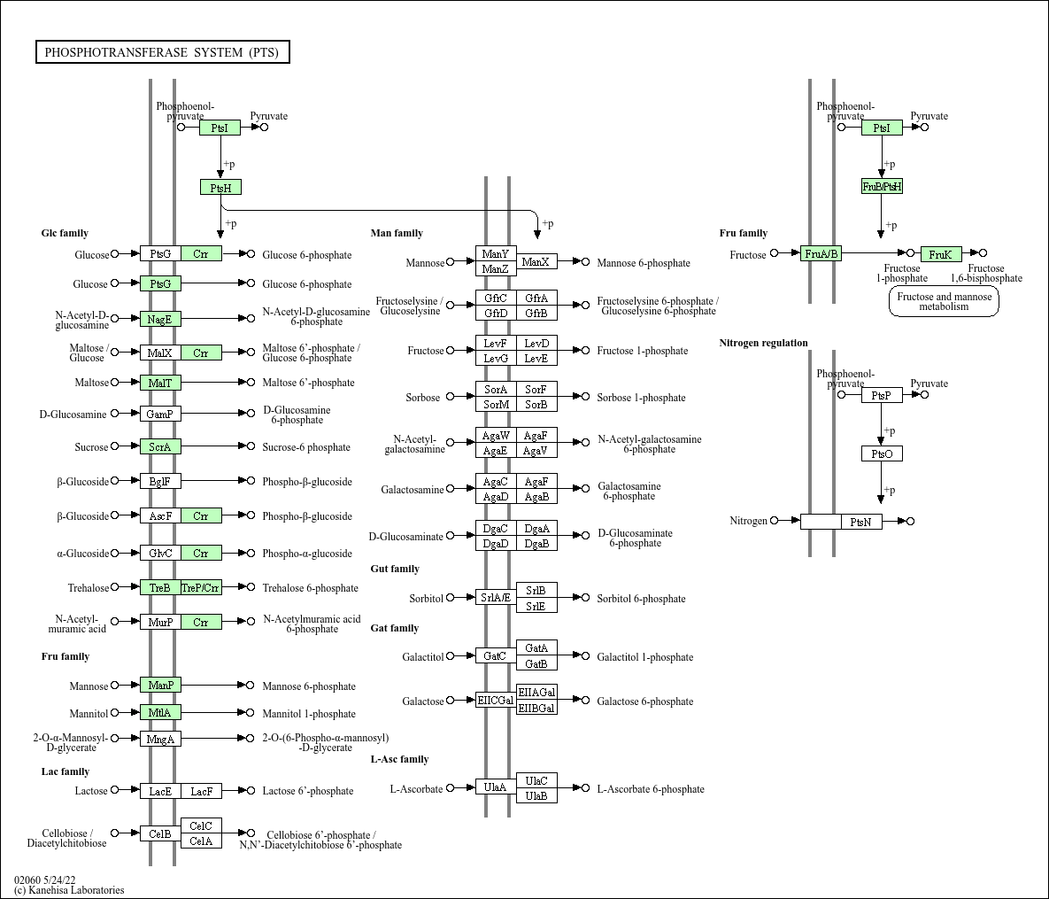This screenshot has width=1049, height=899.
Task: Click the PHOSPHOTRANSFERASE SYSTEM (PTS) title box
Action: point(162,52)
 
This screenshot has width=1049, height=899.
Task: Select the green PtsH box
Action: point(220,187)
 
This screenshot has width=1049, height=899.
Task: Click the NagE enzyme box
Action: point(160,319)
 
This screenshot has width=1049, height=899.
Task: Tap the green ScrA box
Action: point(160,447)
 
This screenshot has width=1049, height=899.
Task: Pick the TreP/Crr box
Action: point(201,588)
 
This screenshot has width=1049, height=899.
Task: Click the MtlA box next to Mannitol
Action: point(160,713)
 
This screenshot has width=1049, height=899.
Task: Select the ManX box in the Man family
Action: point(536,261)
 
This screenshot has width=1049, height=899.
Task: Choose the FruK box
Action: point(941,254)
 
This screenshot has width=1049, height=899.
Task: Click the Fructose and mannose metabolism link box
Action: point(944,302)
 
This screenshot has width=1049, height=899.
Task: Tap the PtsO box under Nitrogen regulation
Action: point(882,453)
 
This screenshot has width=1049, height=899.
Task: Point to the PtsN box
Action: point(861,522)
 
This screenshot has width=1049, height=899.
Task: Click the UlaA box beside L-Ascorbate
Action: point(496,787)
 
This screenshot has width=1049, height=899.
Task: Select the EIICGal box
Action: point(496,700)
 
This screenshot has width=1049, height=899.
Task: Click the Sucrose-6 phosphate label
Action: point(306,447)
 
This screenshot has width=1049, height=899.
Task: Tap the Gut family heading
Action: point(395,569)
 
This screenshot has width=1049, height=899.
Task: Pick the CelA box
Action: point(201,841)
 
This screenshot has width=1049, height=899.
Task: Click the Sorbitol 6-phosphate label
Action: point(641,599)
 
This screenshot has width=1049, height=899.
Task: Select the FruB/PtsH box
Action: point(882,186)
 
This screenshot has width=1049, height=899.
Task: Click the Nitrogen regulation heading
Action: point(763,343)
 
